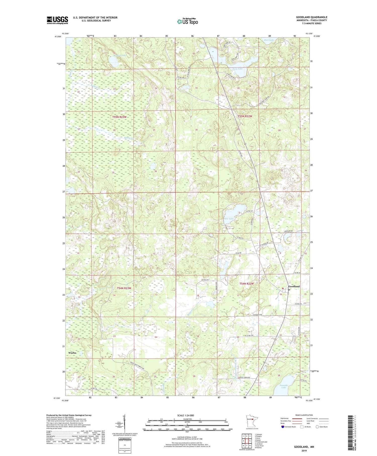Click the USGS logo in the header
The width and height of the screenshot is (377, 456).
(57, 20)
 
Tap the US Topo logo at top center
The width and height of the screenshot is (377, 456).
(187, 21)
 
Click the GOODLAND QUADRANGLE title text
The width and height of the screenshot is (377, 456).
(311, 17)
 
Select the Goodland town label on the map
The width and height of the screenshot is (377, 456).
(294, 286)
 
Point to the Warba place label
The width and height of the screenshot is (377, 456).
(72, 353)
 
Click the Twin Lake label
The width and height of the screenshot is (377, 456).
(238, 69)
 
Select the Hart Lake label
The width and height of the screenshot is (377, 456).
(269, 40)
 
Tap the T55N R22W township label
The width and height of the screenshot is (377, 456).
(245, 116)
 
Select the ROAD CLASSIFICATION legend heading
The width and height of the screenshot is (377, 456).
(304, 415)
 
